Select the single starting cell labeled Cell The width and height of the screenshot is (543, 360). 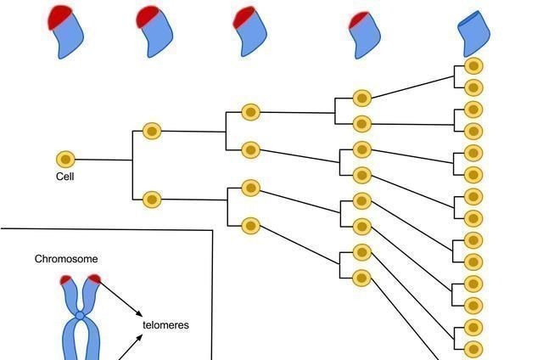click(x=65, y=159)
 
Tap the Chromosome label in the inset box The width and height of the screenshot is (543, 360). click(x=65, y=259)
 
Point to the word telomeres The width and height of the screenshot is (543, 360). click(x=165, y=325)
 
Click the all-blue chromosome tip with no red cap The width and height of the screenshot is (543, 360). click(x=473, y=32)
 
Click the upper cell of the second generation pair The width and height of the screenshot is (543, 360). click(x=152, y=131)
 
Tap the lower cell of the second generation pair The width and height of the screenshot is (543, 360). click(x=152, y=200)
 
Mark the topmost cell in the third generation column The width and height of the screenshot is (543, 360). click(x=250, y=111)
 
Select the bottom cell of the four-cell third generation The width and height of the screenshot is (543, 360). click(x=250, y=225)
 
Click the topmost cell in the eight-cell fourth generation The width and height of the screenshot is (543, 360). click(x=362, y=98)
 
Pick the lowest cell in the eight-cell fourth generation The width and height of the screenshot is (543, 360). click(x=362, y=277)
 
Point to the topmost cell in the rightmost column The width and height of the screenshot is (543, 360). click(x=473, y=65)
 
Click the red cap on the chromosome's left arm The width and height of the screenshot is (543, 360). click(x=66, y=279)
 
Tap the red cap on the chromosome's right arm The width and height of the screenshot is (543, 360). click(x=93, y=278)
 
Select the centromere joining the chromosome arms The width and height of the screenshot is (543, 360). click(x=80, y=316)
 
